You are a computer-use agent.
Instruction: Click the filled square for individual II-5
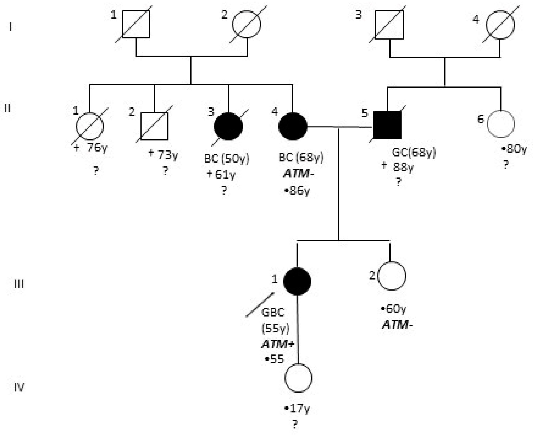(387, 125)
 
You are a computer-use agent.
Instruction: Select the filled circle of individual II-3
(228, 126)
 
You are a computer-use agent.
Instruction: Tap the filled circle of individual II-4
(293, 126)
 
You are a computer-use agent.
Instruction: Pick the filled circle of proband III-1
(297, 281)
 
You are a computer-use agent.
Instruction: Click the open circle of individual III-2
(392, 276)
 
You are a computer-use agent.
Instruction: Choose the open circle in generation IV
(298, 378)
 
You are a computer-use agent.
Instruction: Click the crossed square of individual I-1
(136, 24)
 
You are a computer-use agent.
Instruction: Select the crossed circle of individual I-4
(500, 25)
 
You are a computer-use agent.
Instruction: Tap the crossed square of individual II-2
(154, 126)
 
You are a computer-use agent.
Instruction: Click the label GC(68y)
(414, 153)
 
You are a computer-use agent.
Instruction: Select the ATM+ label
(278, 344)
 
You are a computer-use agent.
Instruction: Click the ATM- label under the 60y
(397, 325)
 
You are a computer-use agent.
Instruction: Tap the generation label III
(19, 284)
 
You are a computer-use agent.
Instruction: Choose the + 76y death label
(91, 148)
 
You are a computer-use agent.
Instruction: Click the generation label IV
(19, 387)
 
